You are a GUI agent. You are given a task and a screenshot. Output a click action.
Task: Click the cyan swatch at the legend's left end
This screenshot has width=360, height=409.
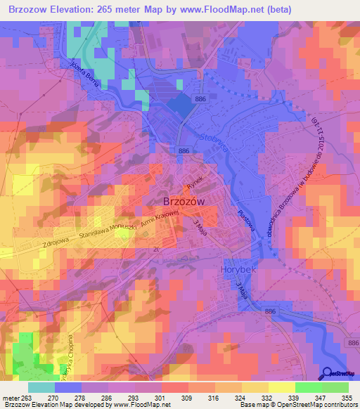coord(41,387)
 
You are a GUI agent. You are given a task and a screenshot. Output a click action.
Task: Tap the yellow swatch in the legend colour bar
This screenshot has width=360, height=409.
coord(281,387)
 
